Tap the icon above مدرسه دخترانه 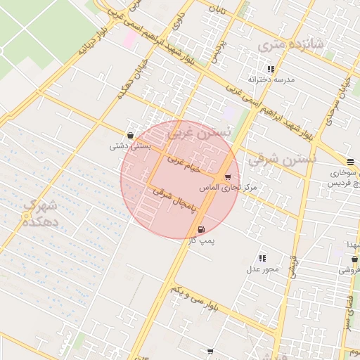271,69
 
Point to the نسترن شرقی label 284,160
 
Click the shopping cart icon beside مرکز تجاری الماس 227,177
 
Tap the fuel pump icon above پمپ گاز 202,229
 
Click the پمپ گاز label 201,240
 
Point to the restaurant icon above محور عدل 263,258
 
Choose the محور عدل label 263,269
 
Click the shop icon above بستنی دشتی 130,135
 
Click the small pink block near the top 131,38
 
